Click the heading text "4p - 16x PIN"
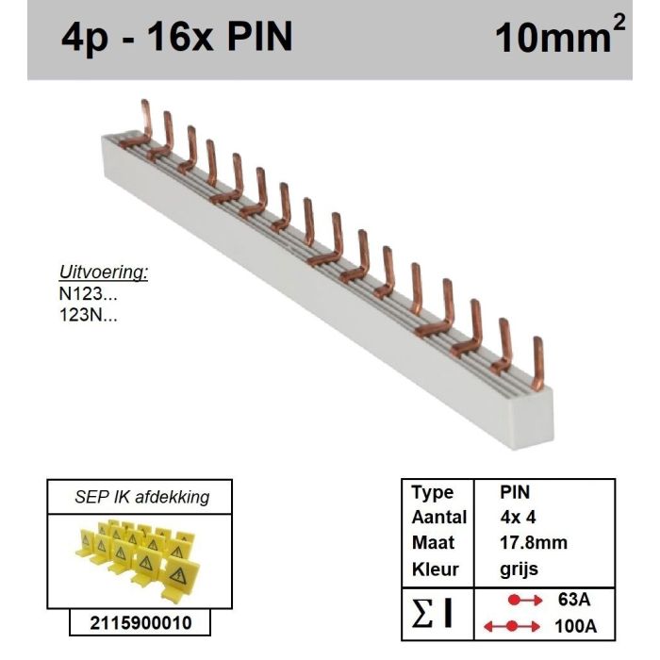coord(177,38)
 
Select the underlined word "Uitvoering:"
coord(104,272)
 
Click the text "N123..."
coord(88,293)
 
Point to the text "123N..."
coord(88,314)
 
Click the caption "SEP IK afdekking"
coord(141,497)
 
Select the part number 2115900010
coord(140,623)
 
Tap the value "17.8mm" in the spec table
coord(534,542)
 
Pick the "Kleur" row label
coord(436,569)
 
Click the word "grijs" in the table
coord(519,569)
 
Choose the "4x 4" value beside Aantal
coord(519,518)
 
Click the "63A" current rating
coord(574,600)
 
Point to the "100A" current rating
coord(575,626)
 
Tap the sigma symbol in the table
coord(422,613)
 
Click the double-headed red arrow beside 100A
coord(511,626)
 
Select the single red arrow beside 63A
coord(525,600)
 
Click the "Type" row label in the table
coord(433,492)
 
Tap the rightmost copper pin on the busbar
coord(537,363)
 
